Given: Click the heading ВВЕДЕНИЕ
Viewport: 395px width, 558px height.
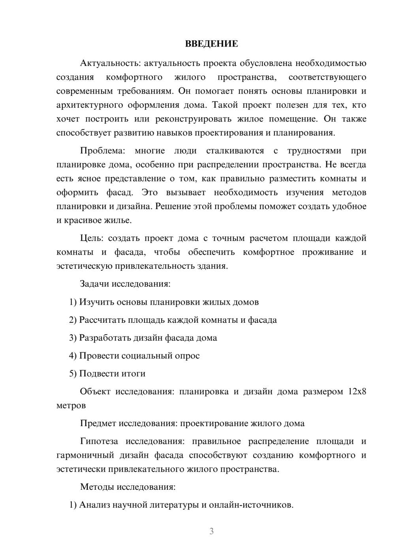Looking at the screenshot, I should (211, 44).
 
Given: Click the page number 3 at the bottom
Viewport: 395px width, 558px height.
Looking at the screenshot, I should (211, 531).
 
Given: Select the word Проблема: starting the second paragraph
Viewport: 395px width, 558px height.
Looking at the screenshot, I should (102, 151).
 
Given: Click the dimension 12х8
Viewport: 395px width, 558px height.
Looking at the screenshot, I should (357, 392).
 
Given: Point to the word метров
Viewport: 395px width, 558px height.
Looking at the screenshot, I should (71, 406).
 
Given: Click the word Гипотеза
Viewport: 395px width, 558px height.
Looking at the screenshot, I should (100, 441).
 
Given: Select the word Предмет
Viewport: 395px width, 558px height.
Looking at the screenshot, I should (98, 423).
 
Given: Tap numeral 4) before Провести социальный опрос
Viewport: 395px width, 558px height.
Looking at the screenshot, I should (73, 356).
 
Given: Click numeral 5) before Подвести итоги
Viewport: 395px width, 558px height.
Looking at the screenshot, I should (73, 373).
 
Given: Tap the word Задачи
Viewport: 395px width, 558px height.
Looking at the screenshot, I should (94, 284).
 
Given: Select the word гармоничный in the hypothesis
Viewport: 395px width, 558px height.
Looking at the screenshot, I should (82, 455).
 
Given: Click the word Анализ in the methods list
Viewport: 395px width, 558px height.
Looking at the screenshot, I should (94, 505).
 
